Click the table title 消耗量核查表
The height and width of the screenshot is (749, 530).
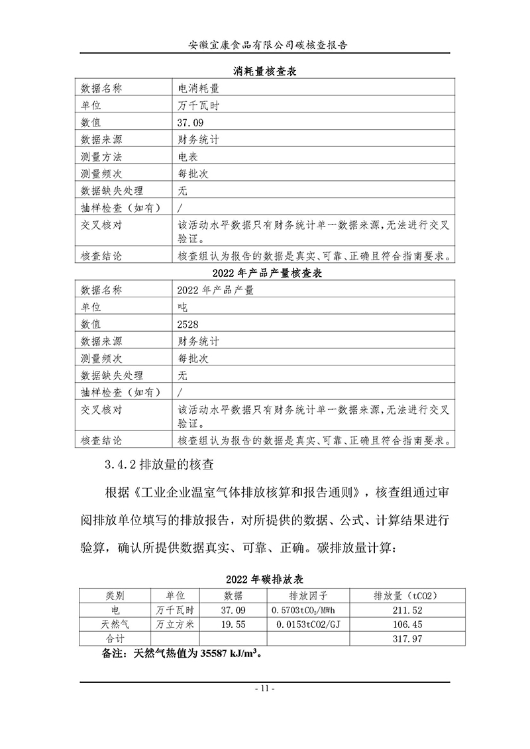click(x=265, y=71)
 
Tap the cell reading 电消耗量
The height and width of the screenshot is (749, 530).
click(x=199, y=88)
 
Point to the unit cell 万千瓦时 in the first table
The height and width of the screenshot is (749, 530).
click(x=198, y=105)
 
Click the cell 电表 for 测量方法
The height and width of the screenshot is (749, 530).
click(x=188, y=157)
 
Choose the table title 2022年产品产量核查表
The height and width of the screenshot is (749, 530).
click(x=265, y=274)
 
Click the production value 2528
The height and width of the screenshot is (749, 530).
click(x=188, y=325)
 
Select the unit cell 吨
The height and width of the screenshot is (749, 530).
click(x=183, y=308)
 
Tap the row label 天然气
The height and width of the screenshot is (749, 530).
click(x=115, y=624)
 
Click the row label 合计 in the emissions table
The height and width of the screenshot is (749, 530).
click(x=115, y=638)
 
